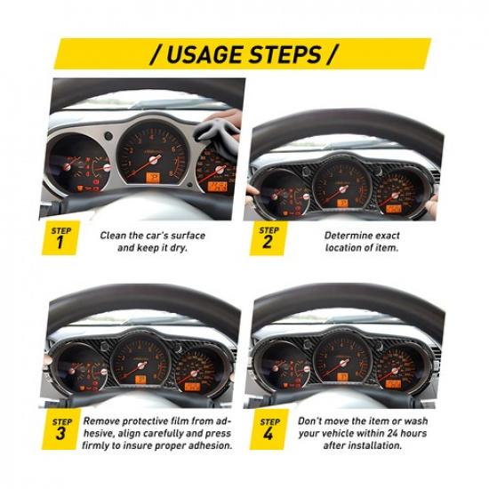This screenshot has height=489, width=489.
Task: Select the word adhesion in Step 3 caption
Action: tap(204, 445)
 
